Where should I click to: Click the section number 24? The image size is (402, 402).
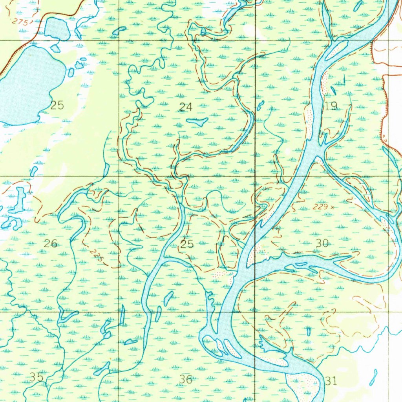coord(186,106)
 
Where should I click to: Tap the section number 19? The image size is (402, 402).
coord(331,106)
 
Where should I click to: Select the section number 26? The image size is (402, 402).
coord(51,243)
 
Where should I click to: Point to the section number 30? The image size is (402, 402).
coord(322,243)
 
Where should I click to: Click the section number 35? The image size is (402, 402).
coord(37,377)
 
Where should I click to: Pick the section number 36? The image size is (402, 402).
coord(186,379)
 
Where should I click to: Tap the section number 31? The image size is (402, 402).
coord(331,380)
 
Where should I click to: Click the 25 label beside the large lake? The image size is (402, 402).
coord(57,105)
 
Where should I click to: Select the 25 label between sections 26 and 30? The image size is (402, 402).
coord(187,244)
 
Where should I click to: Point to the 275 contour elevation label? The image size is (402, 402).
coord(20,22)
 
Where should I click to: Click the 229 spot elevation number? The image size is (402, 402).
coord(320,206)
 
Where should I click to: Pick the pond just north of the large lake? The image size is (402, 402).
coord(57,28)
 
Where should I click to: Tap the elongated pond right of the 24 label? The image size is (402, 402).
coord(197,122)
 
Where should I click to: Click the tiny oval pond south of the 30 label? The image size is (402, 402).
coord(309,331)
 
